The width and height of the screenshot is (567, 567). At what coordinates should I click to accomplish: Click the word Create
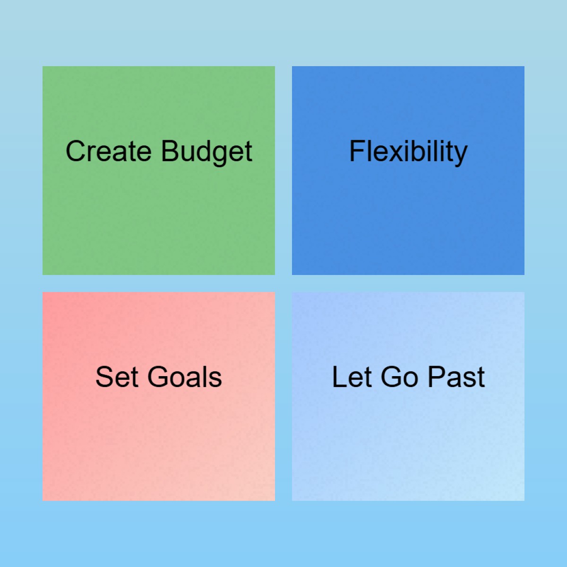click(108, 151)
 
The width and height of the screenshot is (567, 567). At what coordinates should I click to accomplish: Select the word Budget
click(206, 152)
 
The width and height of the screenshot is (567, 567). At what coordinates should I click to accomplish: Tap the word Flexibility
click(408, 152)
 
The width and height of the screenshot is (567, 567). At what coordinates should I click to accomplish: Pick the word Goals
click(185, 377)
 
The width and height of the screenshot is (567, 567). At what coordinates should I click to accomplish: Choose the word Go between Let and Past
click(399, 377)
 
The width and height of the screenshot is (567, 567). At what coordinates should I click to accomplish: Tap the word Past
click(456, 377)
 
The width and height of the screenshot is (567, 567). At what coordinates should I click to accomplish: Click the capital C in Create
click(76, 151)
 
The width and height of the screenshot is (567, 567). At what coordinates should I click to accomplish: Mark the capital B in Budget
click(170, 151)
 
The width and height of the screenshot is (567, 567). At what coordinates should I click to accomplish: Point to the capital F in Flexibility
click(357, 151)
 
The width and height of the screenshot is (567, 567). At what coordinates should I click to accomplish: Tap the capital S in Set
click(104, 377)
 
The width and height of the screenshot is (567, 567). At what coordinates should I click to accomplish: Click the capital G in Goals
click(158, 377)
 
